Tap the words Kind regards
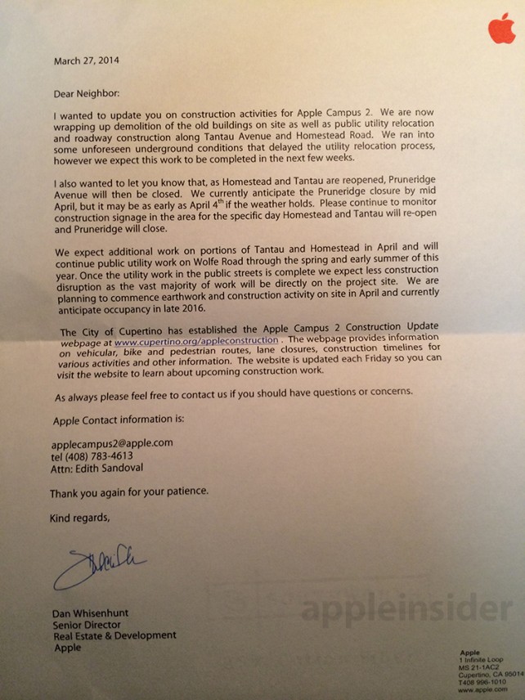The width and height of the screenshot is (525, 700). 79,518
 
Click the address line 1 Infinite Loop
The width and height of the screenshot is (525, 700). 483,658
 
